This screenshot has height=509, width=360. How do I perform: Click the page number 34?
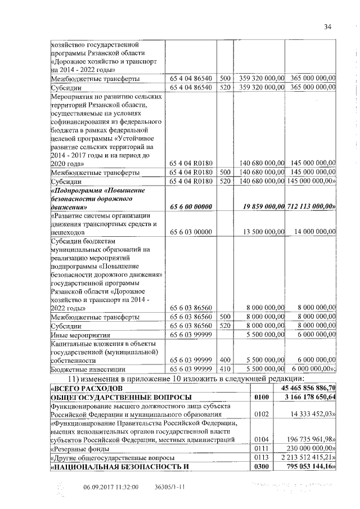pos(328,27)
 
